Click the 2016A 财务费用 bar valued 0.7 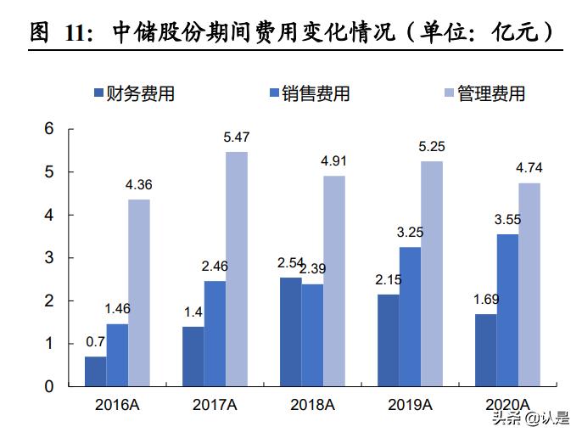95,371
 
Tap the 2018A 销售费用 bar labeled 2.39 311,334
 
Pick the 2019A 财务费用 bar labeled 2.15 388,340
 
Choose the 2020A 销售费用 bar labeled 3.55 506,310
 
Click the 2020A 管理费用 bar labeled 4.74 529,284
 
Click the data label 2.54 289,262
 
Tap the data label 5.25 431,147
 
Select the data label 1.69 484,299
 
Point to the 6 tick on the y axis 49,129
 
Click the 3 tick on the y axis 49,258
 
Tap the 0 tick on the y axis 49,387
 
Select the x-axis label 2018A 312,404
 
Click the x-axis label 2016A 117,404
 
